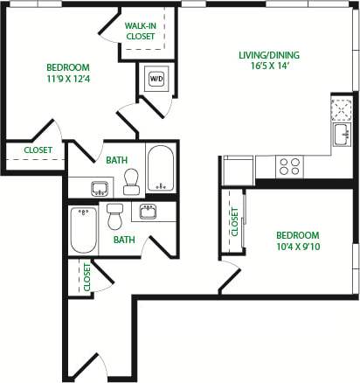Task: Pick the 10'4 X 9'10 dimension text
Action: (297, 247)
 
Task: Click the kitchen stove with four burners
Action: (290, 163)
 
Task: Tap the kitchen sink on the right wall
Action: (340, 135)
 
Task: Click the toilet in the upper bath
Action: (132, 181)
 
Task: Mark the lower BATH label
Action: (123, 239)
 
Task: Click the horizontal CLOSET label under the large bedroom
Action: (38, 150)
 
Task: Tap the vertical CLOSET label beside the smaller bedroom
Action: (234, 220)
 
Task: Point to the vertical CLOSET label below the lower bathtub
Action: (87, 276)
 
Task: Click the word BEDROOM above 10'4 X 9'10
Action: (297, 235)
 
